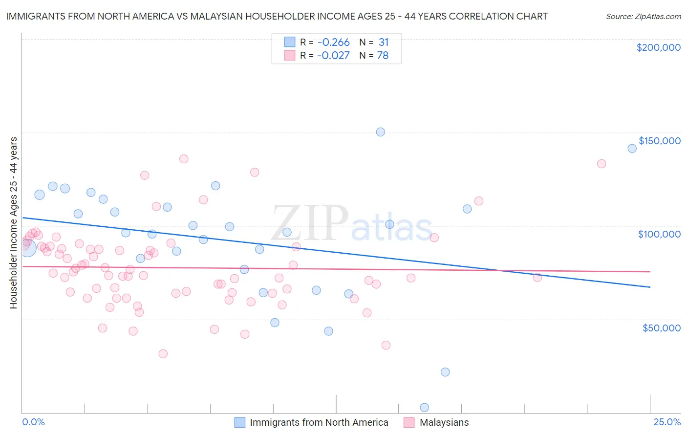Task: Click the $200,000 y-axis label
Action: coord(658,47)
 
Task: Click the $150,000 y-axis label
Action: coord(659,141)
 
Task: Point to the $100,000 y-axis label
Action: coord(659,234)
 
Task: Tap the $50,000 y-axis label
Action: coord(661,327)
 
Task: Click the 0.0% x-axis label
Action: coord(34,422)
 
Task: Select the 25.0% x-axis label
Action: coord(667,422)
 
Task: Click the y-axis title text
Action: coord(13,223)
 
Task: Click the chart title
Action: coord(277,16)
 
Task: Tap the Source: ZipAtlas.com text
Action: coord(643,16)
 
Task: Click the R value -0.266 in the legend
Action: coord(333,42)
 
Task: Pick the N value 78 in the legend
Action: coord(383,56)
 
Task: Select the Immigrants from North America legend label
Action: coord(319,422)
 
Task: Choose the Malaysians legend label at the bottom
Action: coord(444,422)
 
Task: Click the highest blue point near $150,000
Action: coord(380,132)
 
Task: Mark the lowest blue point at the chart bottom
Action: coord(424,408)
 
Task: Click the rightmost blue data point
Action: coord(632,149)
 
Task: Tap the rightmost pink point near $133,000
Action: coord(601,164)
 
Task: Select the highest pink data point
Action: coord(184,159)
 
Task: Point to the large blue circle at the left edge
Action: coord(27,248)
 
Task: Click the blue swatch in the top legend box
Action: coord(290,42)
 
